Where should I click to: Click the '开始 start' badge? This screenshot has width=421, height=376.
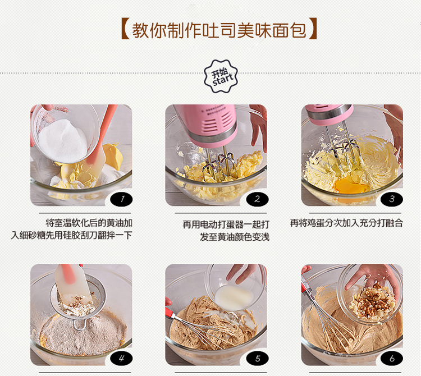coord(221,76)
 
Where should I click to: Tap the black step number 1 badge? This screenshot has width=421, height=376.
coord(121,199)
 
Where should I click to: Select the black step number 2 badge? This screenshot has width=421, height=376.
coord(257,199)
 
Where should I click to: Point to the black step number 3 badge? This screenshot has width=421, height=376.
coord(392,199)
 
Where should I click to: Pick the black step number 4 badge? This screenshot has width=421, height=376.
coord(121,358)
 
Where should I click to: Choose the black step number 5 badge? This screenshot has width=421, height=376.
coord(257,358)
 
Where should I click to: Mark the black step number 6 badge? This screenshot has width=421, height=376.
coord(392,358)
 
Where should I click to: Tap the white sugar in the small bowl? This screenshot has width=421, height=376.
coord(62,141)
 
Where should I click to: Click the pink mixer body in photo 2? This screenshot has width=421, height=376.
coord(212,124)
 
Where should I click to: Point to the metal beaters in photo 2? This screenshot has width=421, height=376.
coord(218,166)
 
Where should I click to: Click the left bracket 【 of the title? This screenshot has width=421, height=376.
coord(125,29)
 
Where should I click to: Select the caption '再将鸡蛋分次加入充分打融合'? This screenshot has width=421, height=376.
coord(347,223)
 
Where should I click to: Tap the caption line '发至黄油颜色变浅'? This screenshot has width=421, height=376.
coord(235,237)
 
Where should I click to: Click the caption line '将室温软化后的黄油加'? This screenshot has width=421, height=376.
coord(89,223)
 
